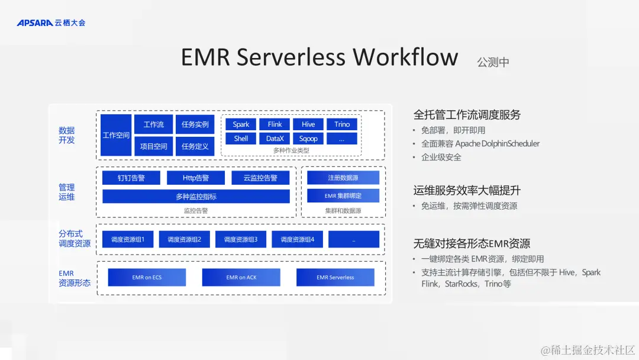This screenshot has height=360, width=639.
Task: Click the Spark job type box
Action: pyautogui.click(x=241, y=124)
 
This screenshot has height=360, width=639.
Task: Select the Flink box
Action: pyautogui.click(x=275, y=124)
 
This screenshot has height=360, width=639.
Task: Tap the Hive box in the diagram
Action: pyautogui.click(x=308, y=124)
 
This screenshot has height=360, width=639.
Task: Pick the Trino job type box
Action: pyautogui.click(x=342, y=124)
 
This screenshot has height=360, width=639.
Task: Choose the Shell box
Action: pyautogui.click(x=241, y=139)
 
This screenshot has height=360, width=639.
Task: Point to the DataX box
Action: pyautogui.click(x=275, y=139)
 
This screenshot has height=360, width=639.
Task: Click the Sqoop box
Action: pyautogui.click(x=308, y=139)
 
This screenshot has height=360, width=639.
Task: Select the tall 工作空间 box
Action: pyautogui.click(x=116, y=135)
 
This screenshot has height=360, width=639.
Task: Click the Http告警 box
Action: pyautogui.click(x=196, y=178)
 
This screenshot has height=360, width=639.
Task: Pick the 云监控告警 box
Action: pyautogui.click(x=260, y=178)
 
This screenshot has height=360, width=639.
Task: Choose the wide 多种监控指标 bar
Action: pyautogui.click(x=196, y=197)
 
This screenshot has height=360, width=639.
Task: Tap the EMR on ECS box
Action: pyautogui.click(x=147, y=277)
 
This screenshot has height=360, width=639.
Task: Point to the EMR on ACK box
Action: pyautogui.click(x=241, y=277)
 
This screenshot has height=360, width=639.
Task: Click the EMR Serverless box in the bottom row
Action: pyautogui.click(x=335, y=277)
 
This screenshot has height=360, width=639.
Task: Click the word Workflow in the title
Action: pyautogui.click(x=405, y=57)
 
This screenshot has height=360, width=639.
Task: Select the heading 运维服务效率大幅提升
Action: pyautogui.click(x=467, y=191)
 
